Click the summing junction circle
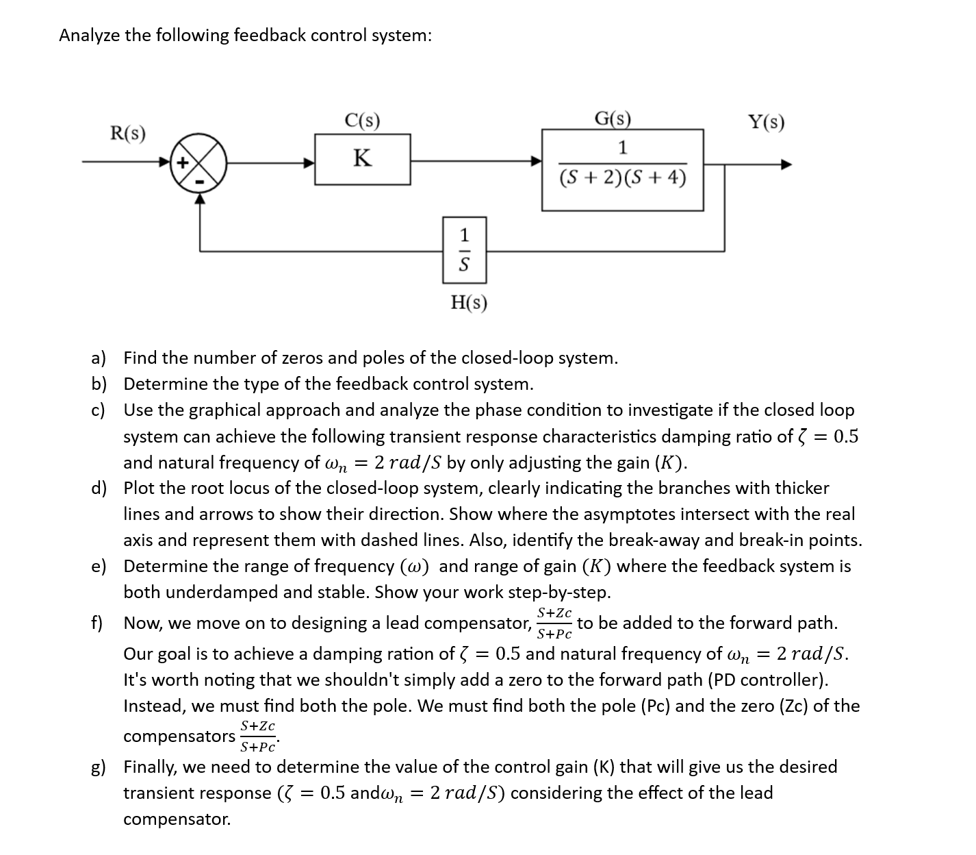pos(199,162)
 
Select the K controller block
pos(362,159)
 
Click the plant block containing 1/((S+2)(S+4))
pos(622,169)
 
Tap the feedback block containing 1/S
pos(464,250)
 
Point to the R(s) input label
pos(128,132)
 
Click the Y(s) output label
pos(766,123)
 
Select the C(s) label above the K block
pos(362,121)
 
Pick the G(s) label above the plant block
pos(613,119)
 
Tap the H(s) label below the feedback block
pos(469,302)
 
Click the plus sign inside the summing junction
pos(183,163)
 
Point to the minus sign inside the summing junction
pos(199,181)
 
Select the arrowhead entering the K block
pos(309,163)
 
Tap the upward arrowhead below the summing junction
pos(199,198)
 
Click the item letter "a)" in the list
pos(99,358)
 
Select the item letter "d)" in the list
pos(99,488)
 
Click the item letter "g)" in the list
pos(99,767)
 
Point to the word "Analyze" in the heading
pos(89,36)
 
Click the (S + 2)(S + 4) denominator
pos(622,178)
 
